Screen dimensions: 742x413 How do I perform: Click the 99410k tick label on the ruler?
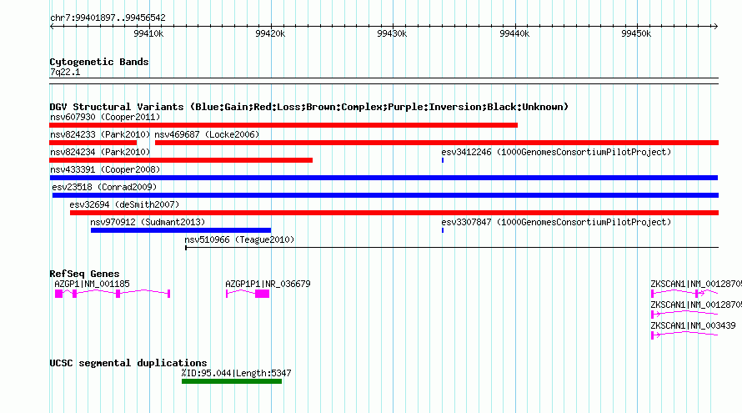coord(148,33)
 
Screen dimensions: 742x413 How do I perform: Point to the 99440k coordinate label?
coord(514,33)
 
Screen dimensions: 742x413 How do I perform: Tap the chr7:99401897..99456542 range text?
coord(108,18)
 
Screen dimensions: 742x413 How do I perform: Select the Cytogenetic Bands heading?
coord(99,62)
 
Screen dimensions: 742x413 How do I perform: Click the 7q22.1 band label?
coord(65,73)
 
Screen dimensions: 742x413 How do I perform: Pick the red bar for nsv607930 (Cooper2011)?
coord(283,125)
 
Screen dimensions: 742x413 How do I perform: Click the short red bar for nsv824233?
coord(93,143)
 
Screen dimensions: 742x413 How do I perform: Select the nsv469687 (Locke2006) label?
coord(207,135)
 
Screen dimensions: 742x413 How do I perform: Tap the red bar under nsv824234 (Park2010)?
coord(181,160)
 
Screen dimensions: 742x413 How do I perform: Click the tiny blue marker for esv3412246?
coord(443,160)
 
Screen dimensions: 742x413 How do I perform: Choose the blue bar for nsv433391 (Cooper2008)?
coord(384,178)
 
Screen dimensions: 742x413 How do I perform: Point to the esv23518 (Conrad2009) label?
coord(104,188)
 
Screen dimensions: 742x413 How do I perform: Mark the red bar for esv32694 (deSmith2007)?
coord(394,213)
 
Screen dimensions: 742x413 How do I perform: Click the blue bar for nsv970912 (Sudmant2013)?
coord(181,230)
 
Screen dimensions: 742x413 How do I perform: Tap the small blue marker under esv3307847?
coord(443,230)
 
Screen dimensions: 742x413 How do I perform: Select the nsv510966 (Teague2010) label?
coord(239,240)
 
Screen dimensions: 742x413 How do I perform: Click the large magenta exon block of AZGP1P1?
coord(262,295)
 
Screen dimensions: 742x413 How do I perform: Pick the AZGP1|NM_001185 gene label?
coord(92,285)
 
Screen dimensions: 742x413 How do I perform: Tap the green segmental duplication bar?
coord(232,382)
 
